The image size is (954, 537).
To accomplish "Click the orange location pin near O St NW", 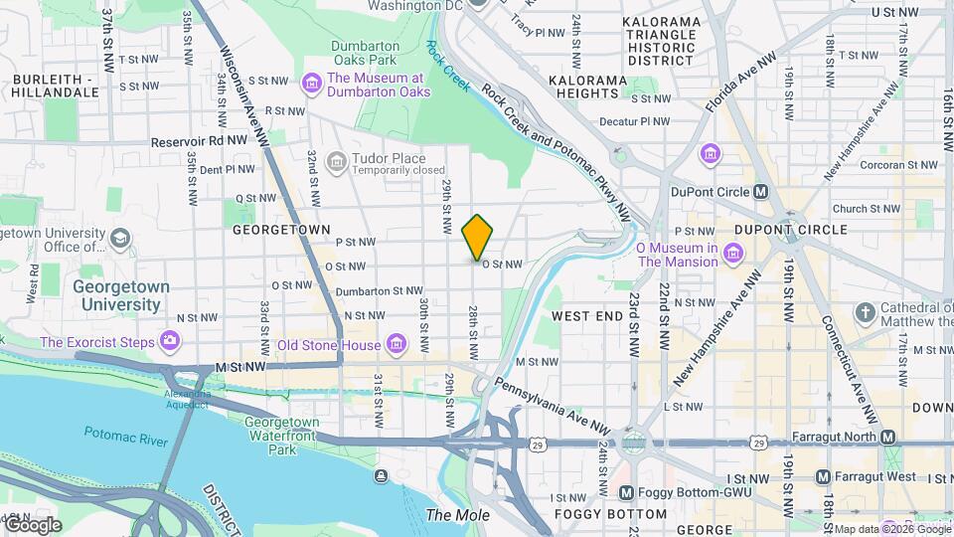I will click(477, 237).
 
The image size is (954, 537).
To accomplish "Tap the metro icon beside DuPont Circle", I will click(761, 191).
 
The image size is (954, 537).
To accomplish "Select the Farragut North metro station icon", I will click(888, 438).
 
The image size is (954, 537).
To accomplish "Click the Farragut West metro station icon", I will click(823, 477).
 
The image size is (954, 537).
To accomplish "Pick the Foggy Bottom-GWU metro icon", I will click(626, 492).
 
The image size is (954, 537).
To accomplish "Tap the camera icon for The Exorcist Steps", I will click(170, 342).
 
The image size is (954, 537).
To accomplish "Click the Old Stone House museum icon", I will click(397, 344).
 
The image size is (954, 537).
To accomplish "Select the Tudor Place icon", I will click(336, 160).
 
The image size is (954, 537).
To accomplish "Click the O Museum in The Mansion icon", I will click(732, 255).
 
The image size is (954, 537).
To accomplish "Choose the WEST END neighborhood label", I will click(586, 315).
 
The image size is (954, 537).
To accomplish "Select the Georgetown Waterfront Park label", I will click(282, 436).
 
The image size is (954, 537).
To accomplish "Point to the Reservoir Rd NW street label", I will click(198, 141).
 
